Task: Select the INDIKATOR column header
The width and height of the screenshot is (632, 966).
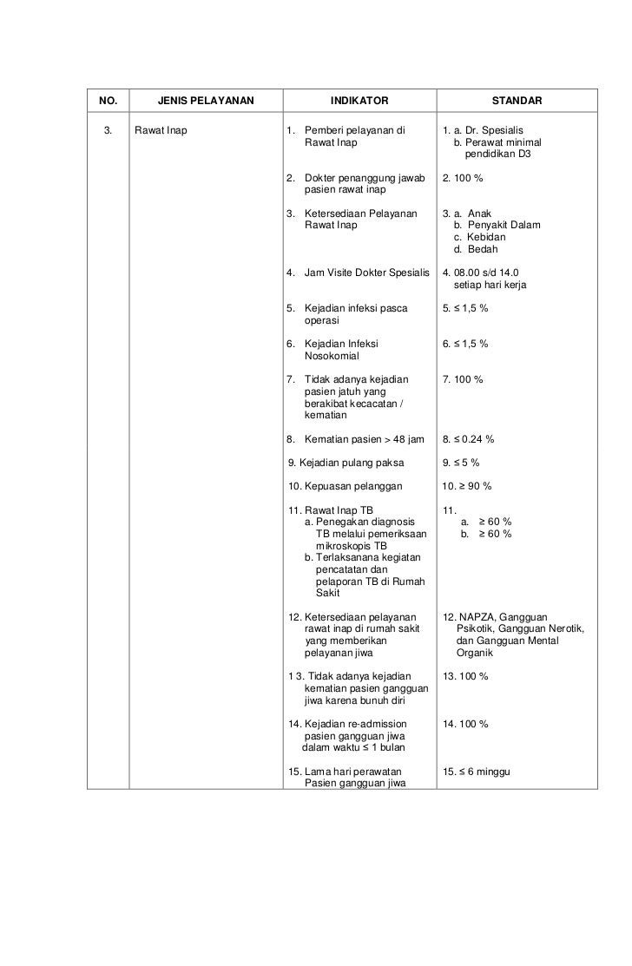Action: click(359, 102)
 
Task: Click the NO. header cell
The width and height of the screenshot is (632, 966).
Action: click(109, 102)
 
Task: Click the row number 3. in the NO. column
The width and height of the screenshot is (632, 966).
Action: click(108, 132)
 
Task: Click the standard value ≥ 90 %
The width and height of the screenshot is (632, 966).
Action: click(472, 485)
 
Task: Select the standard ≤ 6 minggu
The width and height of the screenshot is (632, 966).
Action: click(483, 771)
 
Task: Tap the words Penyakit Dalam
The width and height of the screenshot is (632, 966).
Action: click(504, 226)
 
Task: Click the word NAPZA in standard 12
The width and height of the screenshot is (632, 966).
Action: click(477, 616)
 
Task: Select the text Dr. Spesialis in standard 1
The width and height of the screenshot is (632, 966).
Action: click(494, 132)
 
